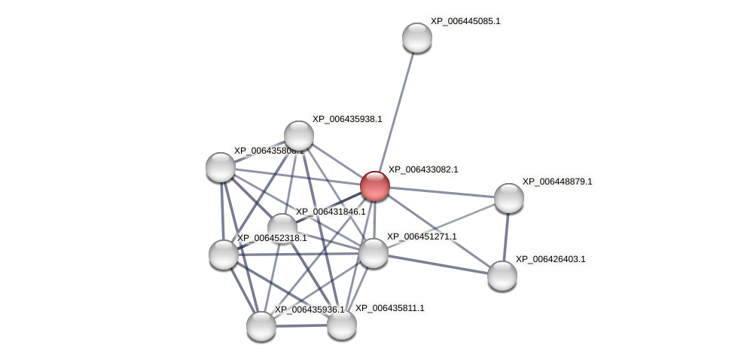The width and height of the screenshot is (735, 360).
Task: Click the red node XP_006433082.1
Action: [x=374, y=186]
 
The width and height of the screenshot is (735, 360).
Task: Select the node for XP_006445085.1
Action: [x=416, y=38]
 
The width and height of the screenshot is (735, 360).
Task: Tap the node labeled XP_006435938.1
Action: [x=299, y=136]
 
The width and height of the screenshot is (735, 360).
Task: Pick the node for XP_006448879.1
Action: [x=508, y=198]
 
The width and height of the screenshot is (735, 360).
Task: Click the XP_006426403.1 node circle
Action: [x=502, y=275]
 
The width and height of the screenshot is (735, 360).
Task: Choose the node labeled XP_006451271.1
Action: [x=374, y=253]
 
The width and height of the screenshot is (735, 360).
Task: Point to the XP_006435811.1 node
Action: [x=341, y=325]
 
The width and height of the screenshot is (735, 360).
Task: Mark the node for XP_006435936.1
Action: [x=261, y=325]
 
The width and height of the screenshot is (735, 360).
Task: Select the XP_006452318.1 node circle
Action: [x=224, y=255]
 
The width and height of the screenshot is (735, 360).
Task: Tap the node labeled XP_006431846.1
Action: [x=282, y=228]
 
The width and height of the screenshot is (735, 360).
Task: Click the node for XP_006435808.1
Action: [x=221, y=167]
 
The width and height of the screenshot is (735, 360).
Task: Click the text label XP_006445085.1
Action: [x=465, y=21]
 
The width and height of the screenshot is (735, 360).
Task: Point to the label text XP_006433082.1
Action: [x=422, y=169]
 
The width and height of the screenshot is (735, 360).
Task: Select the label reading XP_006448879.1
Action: [x=557, y=182]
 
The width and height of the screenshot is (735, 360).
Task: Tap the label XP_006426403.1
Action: [x=550, y=259]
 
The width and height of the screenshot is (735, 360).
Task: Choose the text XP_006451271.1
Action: [x=421, y=236]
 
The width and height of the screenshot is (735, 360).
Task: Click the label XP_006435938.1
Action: [x=346, y=119]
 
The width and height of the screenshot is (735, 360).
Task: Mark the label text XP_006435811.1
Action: [x=389, y=308]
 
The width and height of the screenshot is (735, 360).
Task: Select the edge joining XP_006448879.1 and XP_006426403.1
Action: [x=505, y=236]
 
